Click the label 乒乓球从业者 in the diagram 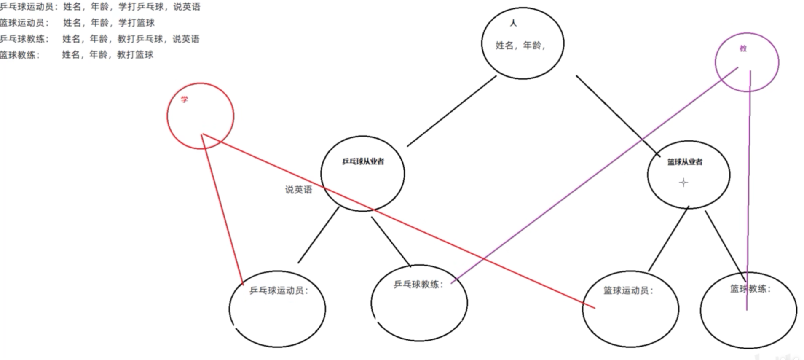(x=363, y=161)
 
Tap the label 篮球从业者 (x=685, y=162)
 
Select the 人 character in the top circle (x=513, y=23)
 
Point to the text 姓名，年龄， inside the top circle (x=520, y=46)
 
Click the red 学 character (x=184, y=100)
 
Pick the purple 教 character (x=743, y=48)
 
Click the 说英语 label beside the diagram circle (x=298, y=190)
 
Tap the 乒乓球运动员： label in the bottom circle (x=279, y=290)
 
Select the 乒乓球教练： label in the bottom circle (x=418, y=285)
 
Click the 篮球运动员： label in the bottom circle (x=628, y=290)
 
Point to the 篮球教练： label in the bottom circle (x=750, y=289)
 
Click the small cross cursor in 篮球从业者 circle (x=683, y=183)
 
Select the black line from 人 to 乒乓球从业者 (x=452, y=111)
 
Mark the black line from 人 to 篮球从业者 (x=617, y=115)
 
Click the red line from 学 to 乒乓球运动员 (x=222, y=207)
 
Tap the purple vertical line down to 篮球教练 (x=749, y=190)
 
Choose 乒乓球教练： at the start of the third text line (x=24, y=39)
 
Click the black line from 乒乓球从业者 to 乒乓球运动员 (x=318, y=235)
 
